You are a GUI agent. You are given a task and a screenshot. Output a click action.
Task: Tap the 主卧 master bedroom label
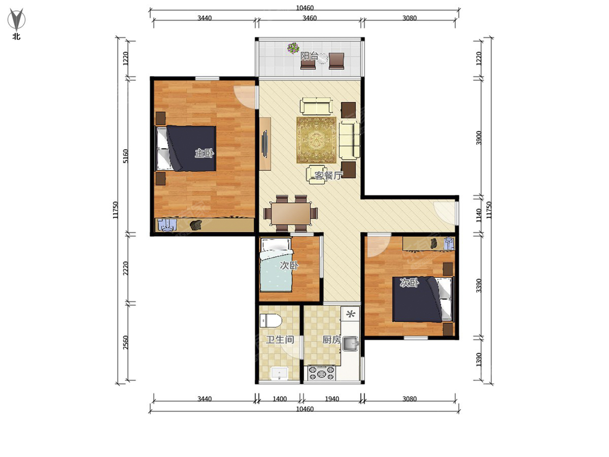pos(204,153)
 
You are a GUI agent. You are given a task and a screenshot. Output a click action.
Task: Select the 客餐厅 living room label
pos(328,175)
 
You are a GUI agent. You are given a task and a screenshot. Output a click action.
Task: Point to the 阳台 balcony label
pos(309,56)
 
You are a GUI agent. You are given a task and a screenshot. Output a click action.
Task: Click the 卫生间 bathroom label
pos(280,340)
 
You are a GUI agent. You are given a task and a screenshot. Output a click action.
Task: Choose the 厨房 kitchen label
pos(331,340)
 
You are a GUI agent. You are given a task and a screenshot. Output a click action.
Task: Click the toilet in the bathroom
pos(270,321)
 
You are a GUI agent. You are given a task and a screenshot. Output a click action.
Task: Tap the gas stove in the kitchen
pos(322,373)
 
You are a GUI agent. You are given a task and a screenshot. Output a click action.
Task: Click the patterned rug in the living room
pos(316,140)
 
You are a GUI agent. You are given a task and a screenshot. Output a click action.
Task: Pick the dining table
pos(291,214)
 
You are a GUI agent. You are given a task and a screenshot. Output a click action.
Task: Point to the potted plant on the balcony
pos(293,48)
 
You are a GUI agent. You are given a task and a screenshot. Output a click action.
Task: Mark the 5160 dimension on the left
pos(126,156)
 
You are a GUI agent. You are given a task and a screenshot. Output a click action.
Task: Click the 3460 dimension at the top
pos(310,18)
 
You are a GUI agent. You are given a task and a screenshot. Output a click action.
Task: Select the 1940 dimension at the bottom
pos(332,399)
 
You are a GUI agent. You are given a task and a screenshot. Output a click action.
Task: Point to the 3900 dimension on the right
pos(479,138)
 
